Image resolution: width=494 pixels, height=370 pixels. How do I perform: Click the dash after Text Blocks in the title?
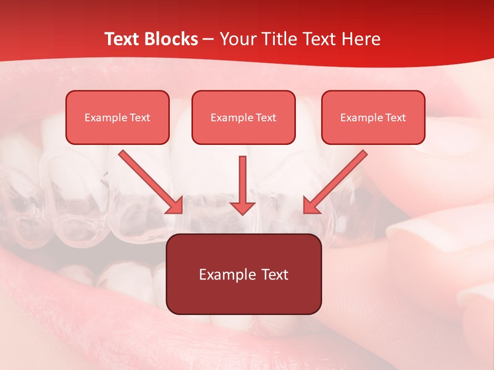pyautogui.click(x=208, y=40)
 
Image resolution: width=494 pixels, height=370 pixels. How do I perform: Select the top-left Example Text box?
pyautogui.click(x=117, y=117)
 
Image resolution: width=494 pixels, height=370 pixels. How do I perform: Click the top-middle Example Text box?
pyautogui.click(x=243, y=117)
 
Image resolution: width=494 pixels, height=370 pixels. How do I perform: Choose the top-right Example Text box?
pyautogui.click(x=373, y=117)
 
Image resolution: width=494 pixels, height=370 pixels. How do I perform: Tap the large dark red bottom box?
pyautogui.click(x=243, y=274)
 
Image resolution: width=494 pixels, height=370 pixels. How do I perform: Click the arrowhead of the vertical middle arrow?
pyautogui.click(x=242, y=207)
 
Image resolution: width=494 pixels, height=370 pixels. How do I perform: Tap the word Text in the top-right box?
pyautogui.click(x=395, y=118)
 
